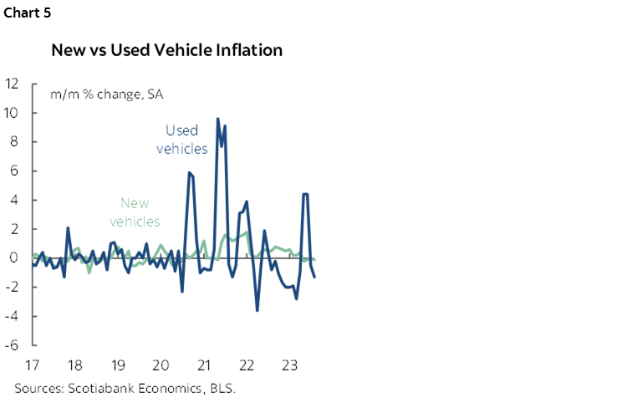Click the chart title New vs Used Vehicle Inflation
pos(167,50)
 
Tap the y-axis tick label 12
pos(12,84)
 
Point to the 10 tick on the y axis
pos(12,113)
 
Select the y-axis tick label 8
pos(15,142)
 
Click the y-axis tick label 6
pos(15,171)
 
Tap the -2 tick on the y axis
pos(13,287)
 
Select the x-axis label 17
pos(31,365)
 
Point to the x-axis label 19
pos(117,365)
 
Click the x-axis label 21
pos(203,365)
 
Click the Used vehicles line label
pos(182,139)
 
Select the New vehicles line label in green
pos(140,212)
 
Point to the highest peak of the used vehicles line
pos(218,119)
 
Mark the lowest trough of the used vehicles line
pos(257,310)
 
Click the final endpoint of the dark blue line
pos(314,277)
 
